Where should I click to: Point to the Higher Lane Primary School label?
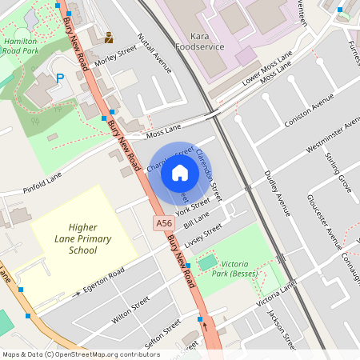82,238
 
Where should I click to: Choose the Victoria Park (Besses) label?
246,268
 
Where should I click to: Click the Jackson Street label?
282,329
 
